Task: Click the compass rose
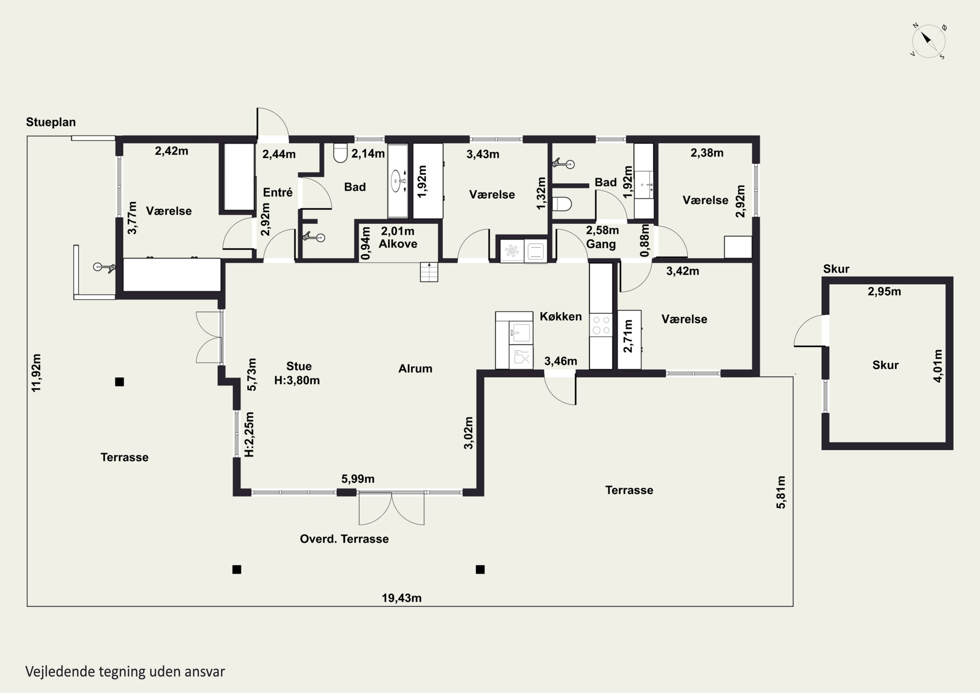click(928, 41)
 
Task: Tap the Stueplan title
click(51, 122)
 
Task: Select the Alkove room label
click(398, 244)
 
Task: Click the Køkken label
click(561, 316)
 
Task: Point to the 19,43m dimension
click(401, 598)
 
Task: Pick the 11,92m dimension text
click(36, 373)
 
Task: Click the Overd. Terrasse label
click(344, 539)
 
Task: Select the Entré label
click(277, 192)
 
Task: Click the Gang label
click(600, 244)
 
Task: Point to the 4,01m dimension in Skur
click(938, 366)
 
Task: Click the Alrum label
click(415, 369)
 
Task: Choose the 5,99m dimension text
click(358, 479)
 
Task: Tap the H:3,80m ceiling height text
click(297, 380)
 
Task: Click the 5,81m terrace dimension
click(780, 492)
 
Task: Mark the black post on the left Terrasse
click(120, 382)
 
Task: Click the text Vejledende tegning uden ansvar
click(125, 672)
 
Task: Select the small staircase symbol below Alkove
click(429, 272)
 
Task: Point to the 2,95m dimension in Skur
click(884, 292)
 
